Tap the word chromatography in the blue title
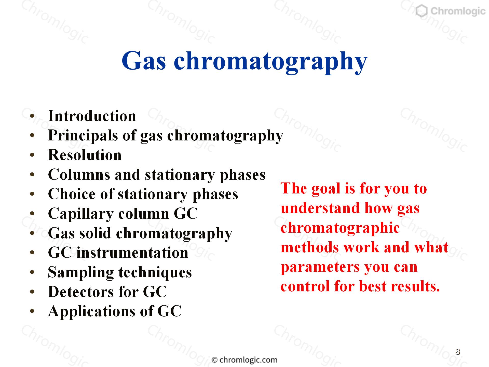pyautogui.click(x=271, y=62)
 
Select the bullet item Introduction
pyautogui.click(x=92, y=116)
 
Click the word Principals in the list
pyautogui.click(x=83, y=136)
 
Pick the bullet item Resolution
pyautogui.click(x=85, y=155)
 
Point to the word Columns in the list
pyautogui.click(x=79, y=175)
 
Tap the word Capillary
pyautogui.click(x=81, y=214)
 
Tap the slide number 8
pyautogui.click(x=458, y=352)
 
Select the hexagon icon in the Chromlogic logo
pyautogui.click(x=422, y=11)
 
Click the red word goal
pyautogui.click(x=326, y=189)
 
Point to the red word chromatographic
pyautogui.click(x=340, y=228)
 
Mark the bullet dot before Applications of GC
pyautogui.click(x=32, y=311)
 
